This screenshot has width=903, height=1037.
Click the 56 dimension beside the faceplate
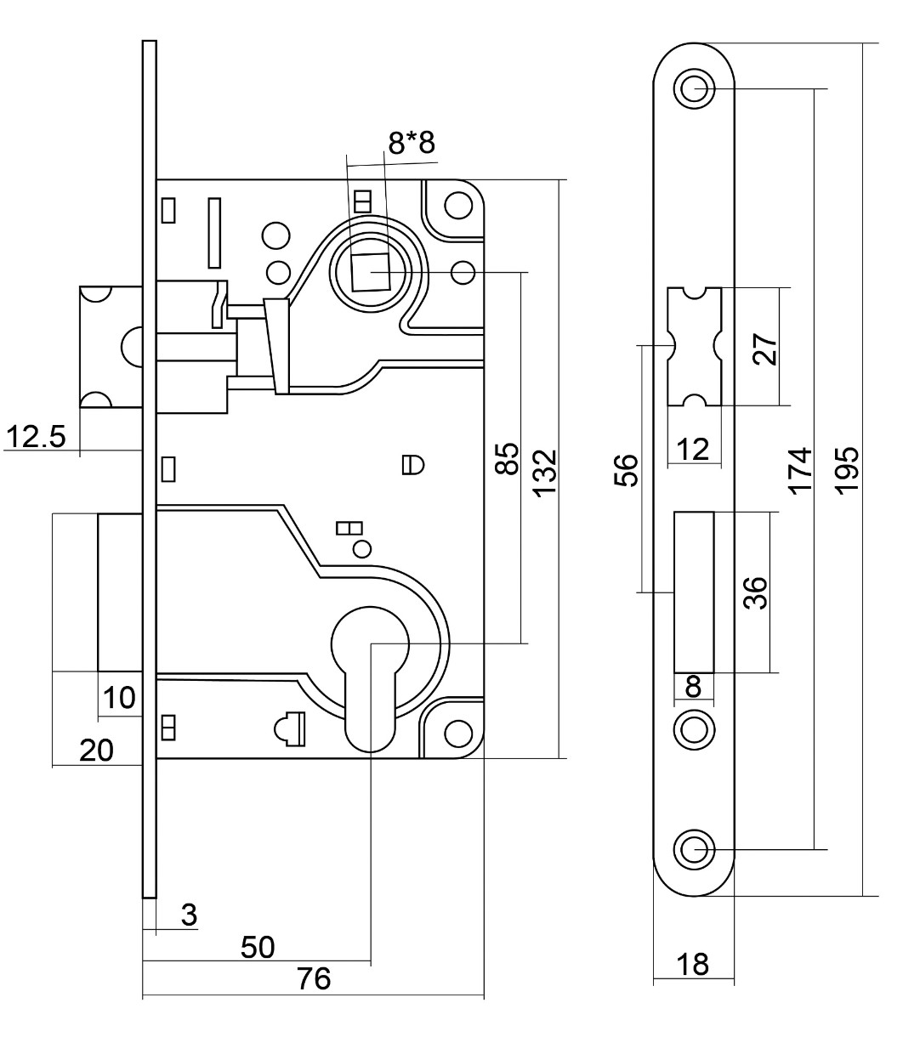coord(625,469)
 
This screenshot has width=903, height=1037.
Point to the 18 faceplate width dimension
coord(694,966)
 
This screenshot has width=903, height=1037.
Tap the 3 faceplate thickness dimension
coord(189,915)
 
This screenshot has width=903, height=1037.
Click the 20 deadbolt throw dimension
coord(96,751)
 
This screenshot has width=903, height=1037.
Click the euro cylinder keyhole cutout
coord(371,671)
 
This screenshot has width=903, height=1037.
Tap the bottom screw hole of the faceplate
coord(694,848)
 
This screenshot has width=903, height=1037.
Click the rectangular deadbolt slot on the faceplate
coord(694,592)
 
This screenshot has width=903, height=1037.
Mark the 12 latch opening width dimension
coord(695,450)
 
